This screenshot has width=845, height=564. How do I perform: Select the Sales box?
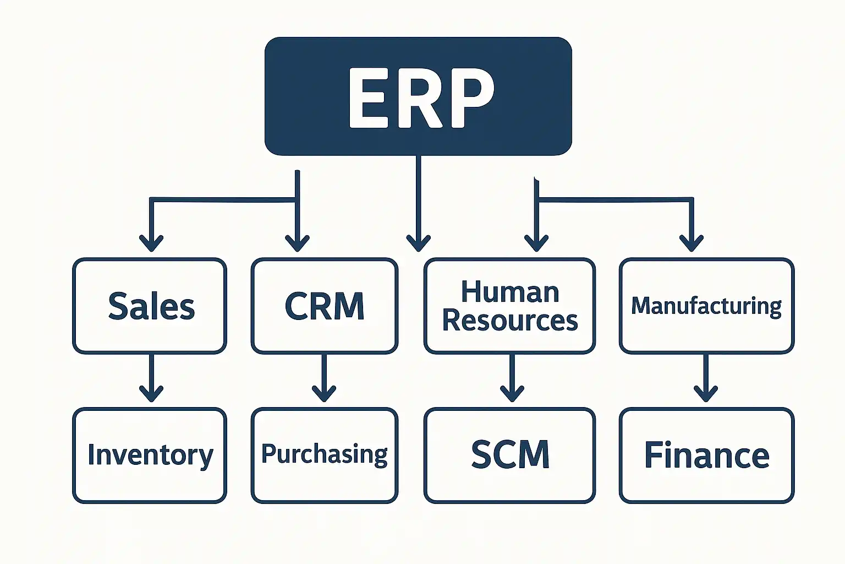tap(150, 306)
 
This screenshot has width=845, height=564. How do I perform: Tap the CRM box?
tap(325, 306)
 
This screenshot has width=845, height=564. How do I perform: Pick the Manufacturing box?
tap(706, 306)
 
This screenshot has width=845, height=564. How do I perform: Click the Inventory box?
tap(150, 455)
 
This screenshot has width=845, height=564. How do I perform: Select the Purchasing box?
tap(325, 455)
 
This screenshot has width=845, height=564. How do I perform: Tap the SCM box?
tap(509, 455)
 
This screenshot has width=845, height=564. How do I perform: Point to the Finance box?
tap(706, 455)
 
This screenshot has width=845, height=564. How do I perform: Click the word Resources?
tap(510, 321)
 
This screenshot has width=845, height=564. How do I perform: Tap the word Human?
tap(510, 292)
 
